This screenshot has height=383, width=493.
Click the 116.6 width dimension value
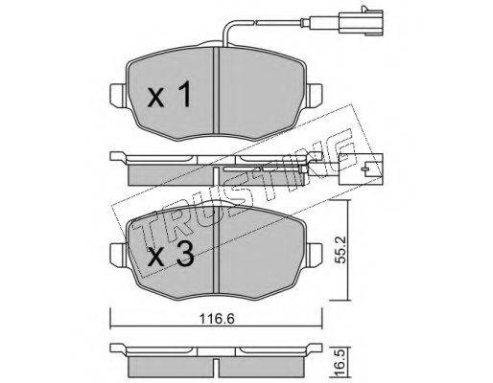(217, 319)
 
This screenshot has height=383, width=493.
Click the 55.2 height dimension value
(341, 251)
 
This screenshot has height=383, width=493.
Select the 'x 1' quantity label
(169, 94)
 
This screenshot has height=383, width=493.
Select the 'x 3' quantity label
(171, 254)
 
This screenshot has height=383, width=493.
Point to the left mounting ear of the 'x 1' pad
(117, 94)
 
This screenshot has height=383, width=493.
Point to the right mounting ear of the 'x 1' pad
(315, 94)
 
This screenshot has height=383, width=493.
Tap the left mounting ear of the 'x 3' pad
(117, 254)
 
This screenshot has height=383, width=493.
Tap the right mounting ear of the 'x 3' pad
(315, 254)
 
